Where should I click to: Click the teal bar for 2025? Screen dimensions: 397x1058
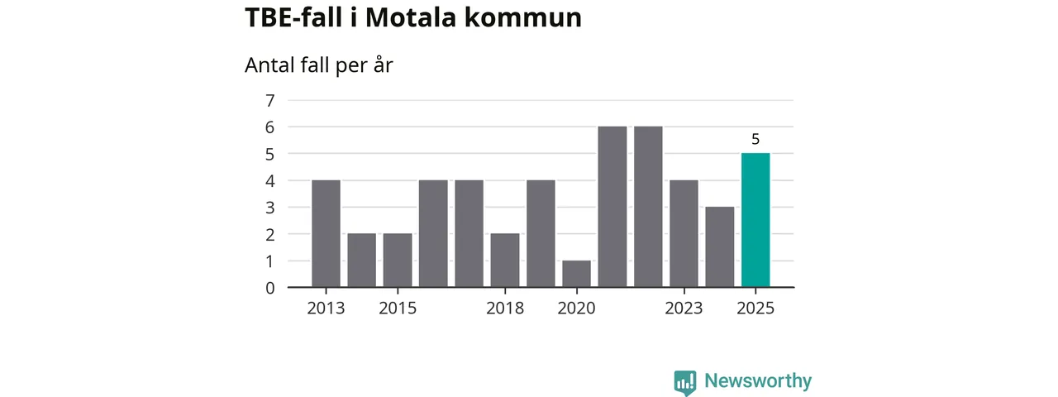point(755,220)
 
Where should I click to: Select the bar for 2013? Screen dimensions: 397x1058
point(326,233)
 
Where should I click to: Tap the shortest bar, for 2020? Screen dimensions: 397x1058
point(576,274)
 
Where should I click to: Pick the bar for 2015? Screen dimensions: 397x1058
point(398,260)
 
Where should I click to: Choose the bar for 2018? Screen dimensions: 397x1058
point(505,260)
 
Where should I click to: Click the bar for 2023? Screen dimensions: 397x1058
point(684,233)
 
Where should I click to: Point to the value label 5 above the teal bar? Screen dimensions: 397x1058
point(755,139)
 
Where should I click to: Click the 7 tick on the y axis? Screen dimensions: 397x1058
point(269,101)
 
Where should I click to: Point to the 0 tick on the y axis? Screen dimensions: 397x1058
point(269,288)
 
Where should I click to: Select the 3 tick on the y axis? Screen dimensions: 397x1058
point(269,208)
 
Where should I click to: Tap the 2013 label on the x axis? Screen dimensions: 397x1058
point(326,309)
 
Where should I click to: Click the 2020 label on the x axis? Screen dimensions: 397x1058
point(576,309)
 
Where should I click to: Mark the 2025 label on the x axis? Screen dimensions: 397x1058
point(755,309)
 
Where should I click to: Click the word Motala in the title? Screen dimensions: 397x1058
point(403,18)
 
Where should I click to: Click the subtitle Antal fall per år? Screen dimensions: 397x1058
point(318,65)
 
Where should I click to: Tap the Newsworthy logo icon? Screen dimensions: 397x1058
point(684,382)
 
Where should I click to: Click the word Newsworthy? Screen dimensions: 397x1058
point(758,381)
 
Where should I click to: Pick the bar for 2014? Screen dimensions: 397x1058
point(361,260)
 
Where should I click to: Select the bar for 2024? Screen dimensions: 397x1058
point(720,246)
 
